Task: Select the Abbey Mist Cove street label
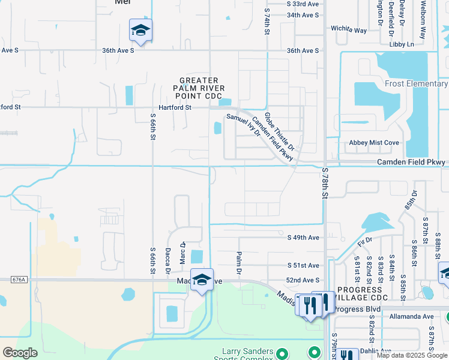tap(374, 143)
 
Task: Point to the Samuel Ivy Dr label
tap(243, 125)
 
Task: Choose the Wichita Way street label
tap(349, 29)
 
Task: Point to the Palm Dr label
tap(238, 263)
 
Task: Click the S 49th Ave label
tap(303, 238)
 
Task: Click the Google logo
tap(20, 353)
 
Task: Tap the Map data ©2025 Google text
tap(412, 356)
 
